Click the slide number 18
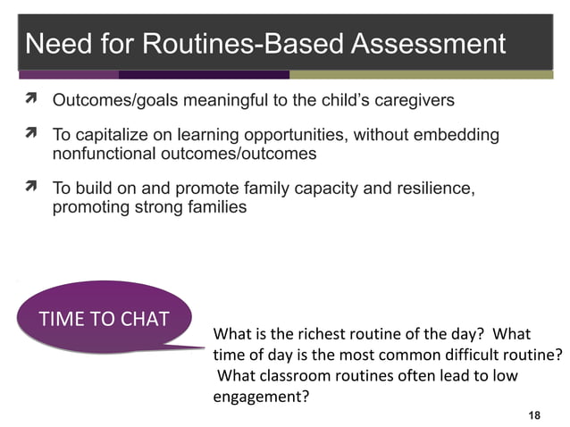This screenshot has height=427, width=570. pos(535,415)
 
